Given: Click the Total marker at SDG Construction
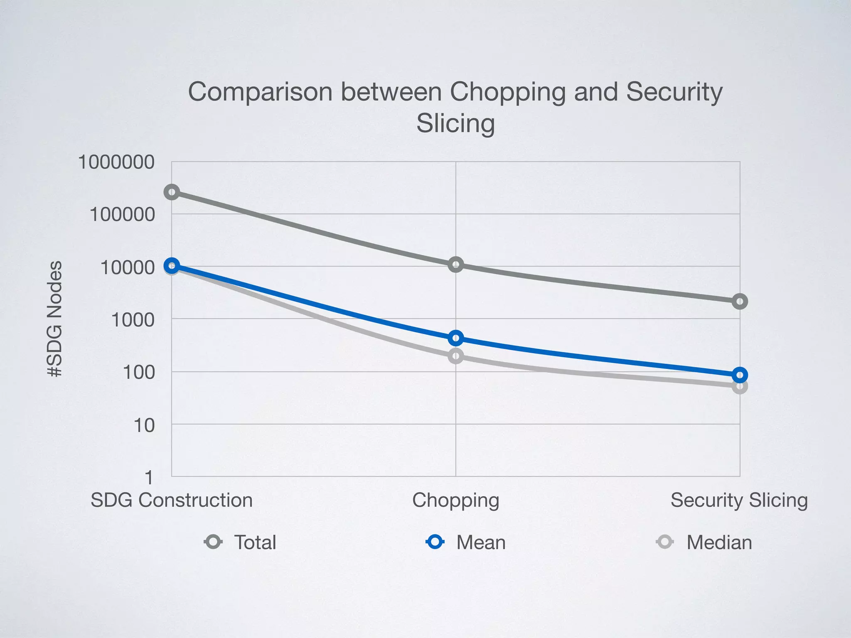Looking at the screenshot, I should point(172,192).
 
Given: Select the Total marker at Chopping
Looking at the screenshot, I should point(456,265).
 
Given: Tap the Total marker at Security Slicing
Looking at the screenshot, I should point(740,301).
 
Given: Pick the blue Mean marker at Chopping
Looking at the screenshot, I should point(456,338).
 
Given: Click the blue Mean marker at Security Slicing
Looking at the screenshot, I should point(740,375).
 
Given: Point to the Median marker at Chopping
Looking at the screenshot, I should point(456,356).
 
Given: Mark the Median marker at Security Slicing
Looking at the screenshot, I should point(740,387).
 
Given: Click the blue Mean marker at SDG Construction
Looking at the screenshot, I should point(172,265).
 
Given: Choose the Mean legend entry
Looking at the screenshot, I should point(466,542).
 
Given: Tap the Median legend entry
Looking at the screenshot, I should point(704,542).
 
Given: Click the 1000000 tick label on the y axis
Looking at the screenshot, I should point(116,162).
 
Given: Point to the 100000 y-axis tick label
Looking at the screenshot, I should point(122,215).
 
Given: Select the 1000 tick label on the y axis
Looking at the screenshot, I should point(133,320).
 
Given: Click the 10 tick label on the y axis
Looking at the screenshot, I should point(144,425).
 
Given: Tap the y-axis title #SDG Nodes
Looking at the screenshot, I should point(54,319).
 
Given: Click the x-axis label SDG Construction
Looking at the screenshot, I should point(172,500).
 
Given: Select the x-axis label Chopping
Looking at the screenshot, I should point(455,501).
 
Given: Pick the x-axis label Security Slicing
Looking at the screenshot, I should point(739,500).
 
